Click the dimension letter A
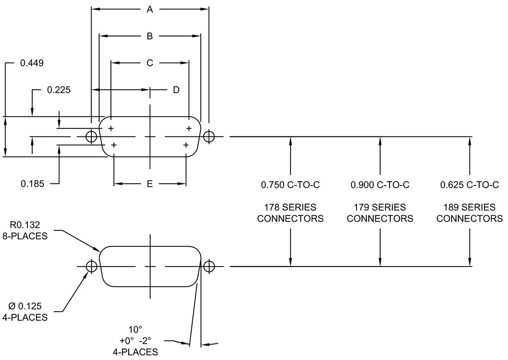149,9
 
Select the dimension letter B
149,36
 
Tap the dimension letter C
149,63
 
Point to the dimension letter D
176,90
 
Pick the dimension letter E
149,184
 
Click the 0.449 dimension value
32,63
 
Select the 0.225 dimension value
59,90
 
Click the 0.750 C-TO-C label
290,185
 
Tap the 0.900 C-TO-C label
380,185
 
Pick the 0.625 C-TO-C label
469,185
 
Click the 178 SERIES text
290,208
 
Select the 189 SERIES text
469,208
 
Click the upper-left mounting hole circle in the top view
91,136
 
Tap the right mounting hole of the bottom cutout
209,266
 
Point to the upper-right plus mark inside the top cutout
189,128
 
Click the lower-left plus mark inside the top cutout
114,145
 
